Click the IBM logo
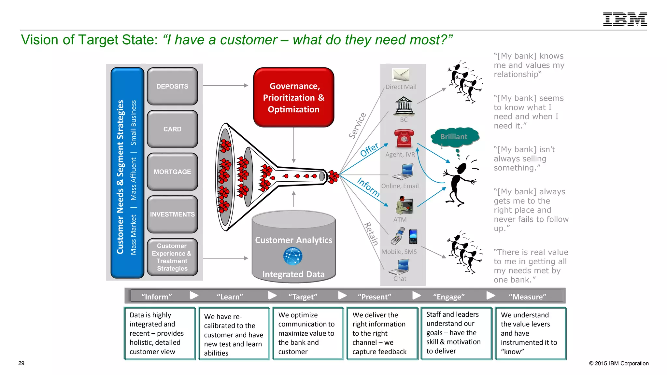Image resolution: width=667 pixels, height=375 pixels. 625,19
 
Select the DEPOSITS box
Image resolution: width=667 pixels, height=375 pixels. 172,86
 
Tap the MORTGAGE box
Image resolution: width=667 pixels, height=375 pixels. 172,172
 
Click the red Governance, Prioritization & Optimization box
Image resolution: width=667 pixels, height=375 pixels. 293,97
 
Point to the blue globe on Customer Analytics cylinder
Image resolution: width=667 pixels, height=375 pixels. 292,256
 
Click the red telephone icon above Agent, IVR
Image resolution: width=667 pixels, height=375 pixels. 404,138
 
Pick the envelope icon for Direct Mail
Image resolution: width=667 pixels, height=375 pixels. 401,75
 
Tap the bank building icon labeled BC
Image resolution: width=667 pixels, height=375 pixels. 404,106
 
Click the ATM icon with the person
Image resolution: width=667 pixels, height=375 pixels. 404,205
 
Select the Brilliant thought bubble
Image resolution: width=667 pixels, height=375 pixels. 454,137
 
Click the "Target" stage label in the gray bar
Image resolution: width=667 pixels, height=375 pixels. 303,297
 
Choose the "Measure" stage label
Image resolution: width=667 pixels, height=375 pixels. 527,297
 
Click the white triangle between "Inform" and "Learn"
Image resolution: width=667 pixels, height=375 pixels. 194,295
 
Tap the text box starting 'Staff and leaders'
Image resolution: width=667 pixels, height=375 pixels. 456,333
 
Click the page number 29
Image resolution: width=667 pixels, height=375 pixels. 21,363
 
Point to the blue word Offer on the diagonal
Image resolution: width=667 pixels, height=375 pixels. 369,149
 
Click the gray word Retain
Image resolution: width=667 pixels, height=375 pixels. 371,234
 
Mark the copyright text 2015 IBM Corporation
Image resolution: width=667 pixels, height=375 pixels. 619,363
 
